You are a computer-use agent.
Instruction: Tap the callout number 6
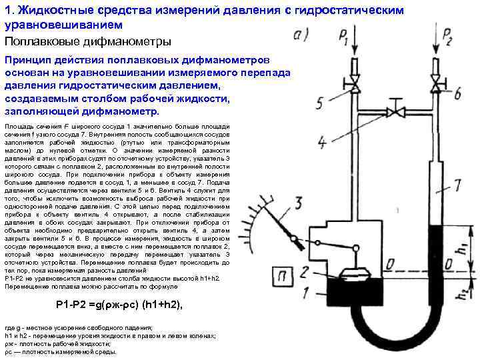point(457,93)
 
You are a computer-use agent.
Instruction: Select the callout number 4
point(321,142)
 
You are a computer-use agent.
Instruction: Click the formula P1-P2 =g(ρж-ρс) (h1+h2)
point(119,304)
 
